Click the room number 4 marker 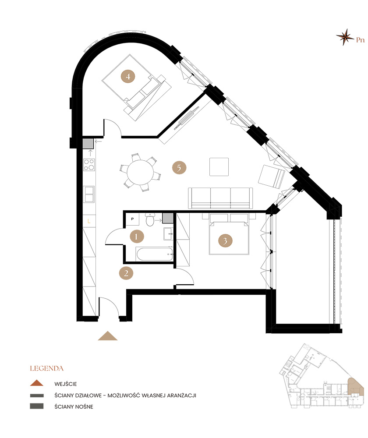[128, 76]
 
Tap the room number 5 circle [179, 168]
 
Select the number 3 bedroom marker [225, 240]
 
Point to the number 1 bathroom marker [137, 237]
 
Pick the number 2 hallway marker [126, 273]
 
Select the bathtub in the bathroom [155, 254]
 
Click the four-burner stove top [89, 165]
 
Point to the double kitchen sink [89, 194]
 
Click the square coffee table [219, 167]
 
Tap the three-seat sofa [220, 198]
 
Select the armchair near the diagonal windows [272, 177]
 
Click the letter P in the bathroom [132, 219]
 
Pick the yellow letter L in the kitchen [89, 221]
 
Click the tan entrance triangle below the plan [108, 336]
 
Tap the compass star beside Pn [345, 37]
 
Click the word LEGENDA [47, 368]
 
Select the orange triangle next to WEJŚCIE [37, 383]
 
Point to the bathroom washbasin [168, 233]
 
